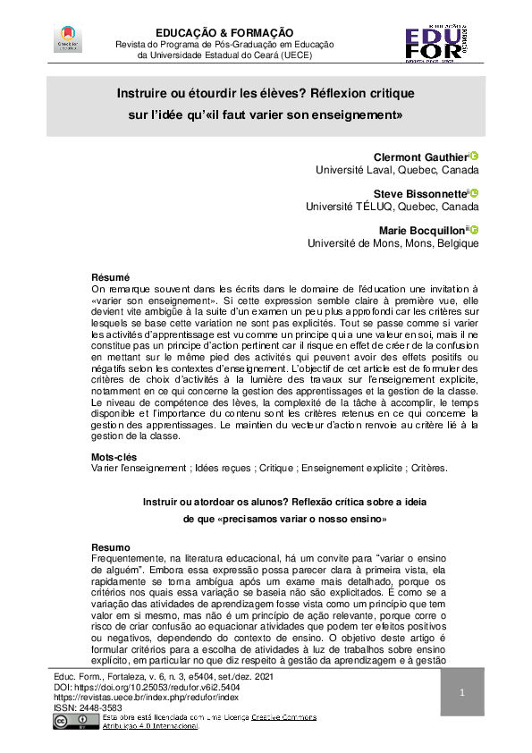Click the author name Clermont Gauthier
(x=419, y=157)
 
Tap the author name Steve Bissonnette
(x=418, y=193)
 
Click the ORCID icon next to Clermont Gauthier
(x=475, y=156)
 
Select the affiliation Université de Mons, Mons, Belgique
(x=393, y=242)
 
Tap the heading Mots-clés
(x=114, y=456)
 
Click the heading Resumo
(x=112, y=546)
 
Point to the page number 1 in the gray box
(x=463, y=693)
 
